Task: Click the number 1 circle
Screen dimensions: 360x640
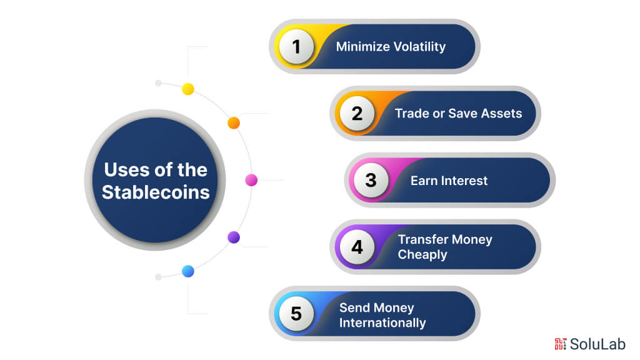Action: click(296, 47)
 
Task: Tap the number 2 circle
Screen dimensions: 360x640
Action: click(357, 114)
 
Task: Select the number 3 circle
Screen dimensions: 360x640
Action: click(371, 181)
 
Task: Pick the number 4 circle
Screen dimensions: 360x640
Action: click(357, 247)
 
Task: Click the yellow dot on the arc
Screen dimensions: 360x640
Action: click(188, 89)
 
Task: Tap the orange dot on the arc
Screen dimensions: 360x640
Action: click(234, 123)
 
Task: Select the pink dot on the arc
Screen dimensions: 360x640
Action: click(251, 180)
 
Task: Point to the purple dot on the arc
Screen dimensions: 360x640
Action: click(234, 237)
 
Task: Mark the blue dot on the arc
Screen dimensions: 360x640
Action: click(188, 271)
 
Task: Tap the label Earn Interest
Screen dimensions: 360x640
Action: click(449, 181)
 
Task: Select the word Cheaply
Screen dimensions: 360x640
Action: click(422, 255)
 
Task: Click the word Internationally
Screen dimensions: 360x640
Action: click(382, 323)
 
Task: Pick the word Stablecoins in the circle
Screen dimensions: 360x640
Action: click(156, 192)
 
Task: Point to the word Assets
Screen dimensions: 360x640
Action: click(501, 114)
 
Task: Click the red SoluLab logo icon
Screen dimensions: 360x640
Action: click(560, 344)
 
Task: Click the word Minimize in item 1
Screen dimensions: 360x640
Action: click(362, 47)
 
